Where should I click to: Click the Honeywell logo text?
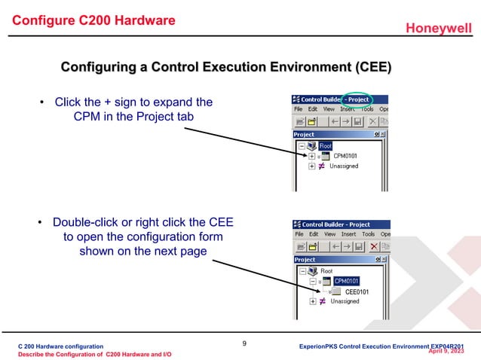(x=439, y=29)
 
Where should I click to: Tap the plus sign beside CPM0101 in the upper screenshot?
(x=311, y=157)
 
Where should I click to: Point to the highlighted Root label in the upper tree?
(x=326, y=146)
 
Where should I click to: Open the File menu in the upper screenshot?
(x=299, y=108)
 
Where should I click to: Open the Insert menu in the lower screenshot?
(x=348, y=234)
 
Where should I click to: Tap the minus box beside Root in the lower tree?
(x=302, y=271)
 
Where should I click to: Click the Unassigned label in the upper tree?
(x=345, y=166)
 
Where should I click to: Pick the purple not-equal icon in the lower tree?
(x=321, y=301)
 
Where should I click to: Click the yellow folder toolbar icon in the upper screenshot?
(x=300, y=121)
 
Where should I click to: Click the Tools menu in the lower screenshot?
(x=368, y=234)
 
